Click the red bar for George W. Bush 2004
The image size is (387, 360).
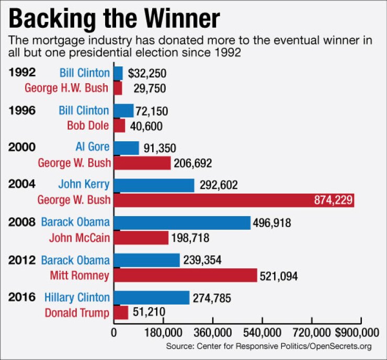(x=234, y=200)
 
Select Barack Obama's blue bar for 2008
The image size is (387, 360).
(x=182, y=223)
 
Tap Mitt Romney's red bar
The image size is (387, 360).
(x=185, y=275)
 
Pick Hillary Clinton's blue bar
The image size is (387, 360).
(x=152, y=298)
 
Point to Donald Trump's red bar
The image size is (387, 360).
(x=121, y=313)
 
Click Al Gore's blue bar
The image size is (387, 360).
(x=127, y=148)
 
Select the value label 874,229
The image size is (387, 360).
(x=333, y=200)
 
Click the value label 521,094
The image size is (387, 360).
(x=279, y=276)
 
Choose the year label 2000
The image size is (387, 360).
(x=22, y=148)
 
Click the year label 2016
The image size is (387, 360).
(x=22, y=297)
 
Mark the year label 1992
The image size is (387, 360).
(x=22, y=72)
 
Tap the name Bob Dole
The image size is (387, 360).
(x=88, y=126)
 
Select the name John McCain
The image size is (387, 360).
(x=79, y=238)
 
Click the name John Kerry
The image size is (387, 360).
(x=84, y=185)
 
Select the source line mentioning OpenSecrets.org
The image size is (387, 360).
(x=269, y=346)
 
